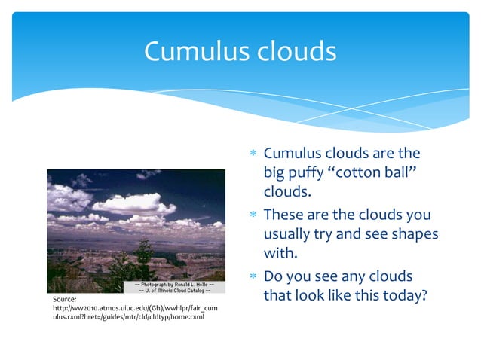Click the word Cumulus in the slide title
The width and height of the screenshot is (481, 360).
tap(195, 51)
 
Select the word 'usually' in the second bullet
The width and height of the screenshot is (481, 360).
tap(291, 234)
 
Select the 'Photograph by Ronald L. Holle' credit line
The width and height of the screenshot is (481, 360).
tap(174, 285)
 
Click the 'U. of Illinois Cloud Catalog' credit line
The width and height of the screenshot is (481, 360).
tap(174, 291)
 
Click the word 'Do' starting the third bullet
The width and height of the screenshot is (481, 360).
tap(273, 278)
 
